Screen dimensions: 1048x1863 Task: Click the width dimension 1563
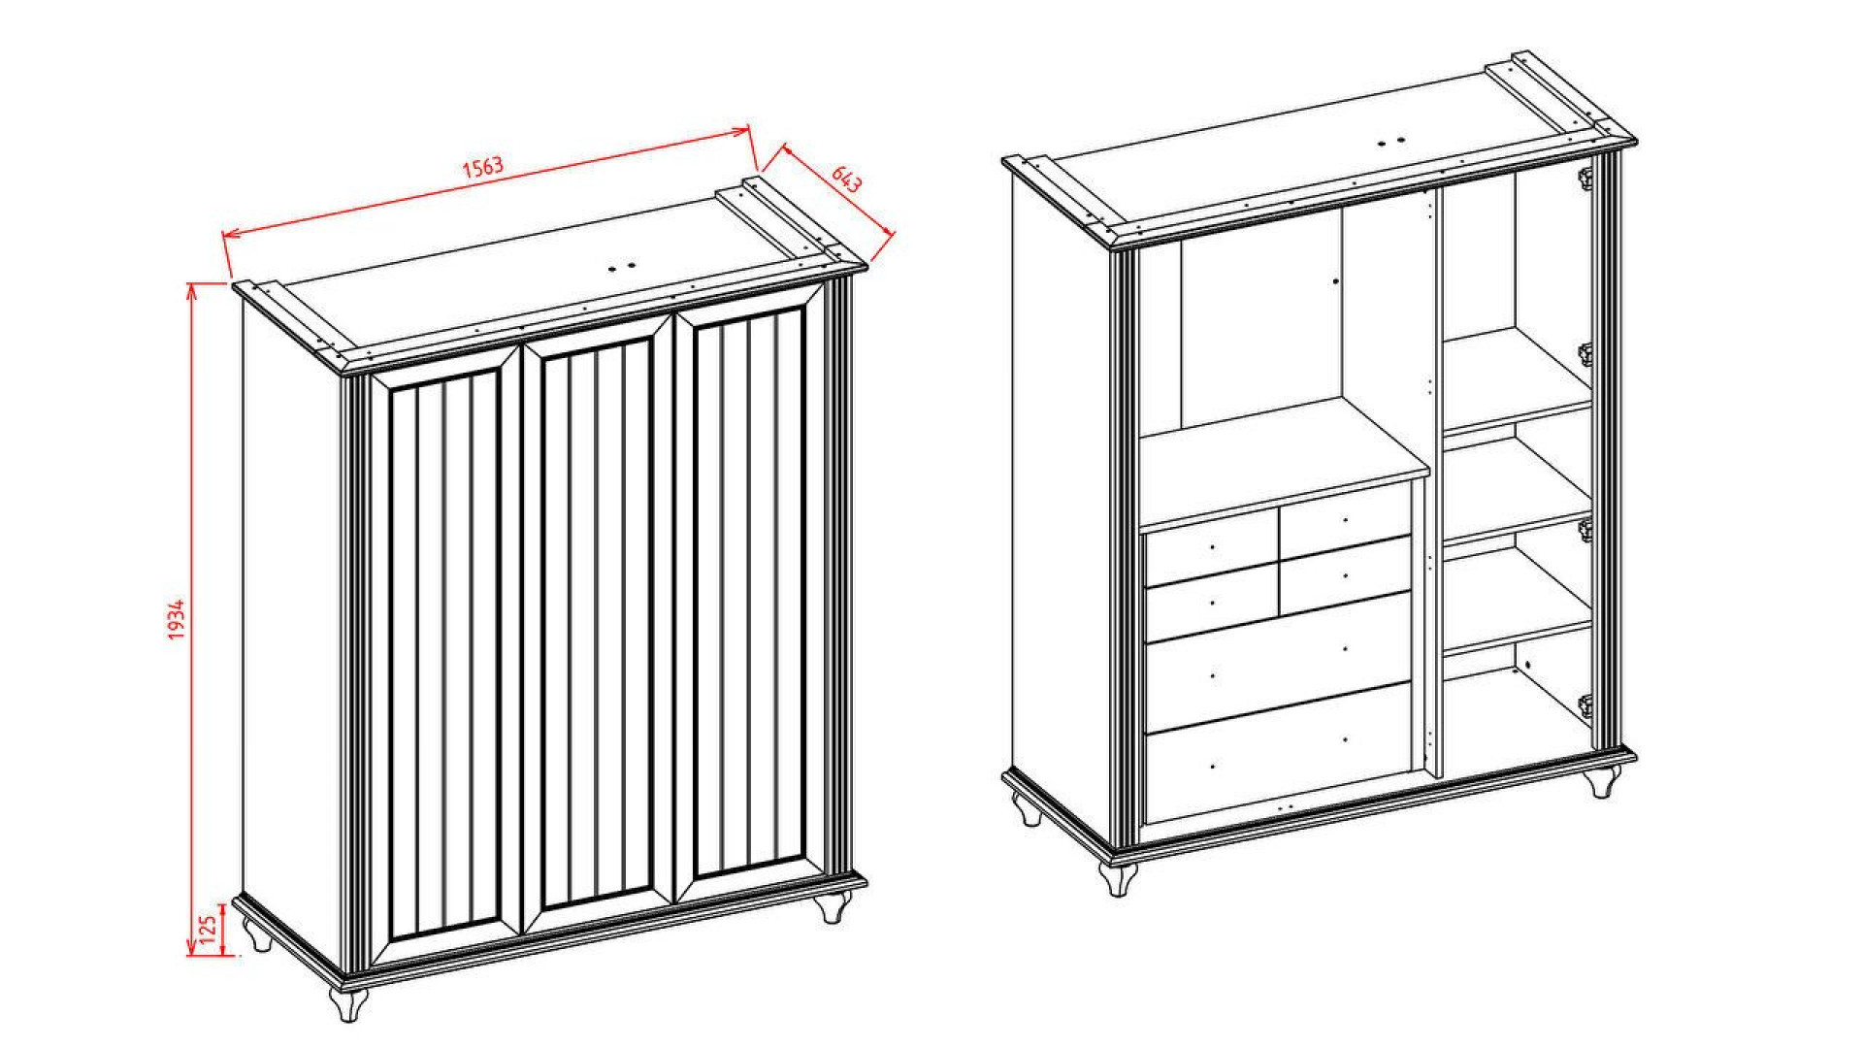[x=482, y=167]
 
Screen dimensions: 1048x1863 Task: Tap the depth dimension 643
[x=846, y=179]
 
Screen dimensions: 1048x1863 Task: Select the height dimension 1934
[x=177, y=619]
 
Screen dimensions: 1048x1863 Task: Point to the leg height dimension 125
[x=208, y=930]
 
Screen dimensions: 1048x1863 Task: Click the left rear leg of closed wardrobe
[x=258, y=934]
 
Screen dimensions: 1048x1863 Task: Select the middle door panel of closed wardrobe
[x=596, y=621]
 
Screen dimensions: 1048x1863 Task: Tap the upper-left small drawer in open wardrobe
[x=1212, y=549]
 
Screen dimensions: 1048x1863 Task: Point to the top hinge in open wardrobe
[x=1585, y=178]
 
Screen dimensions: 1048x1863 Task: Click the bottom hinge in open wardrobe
[x=1585, y=706]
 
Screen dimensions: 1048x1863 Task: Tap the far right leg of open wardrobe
[x=1604, y=781]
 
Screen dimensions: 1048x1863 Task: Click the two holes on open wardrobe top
[x=1392, y=142]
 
